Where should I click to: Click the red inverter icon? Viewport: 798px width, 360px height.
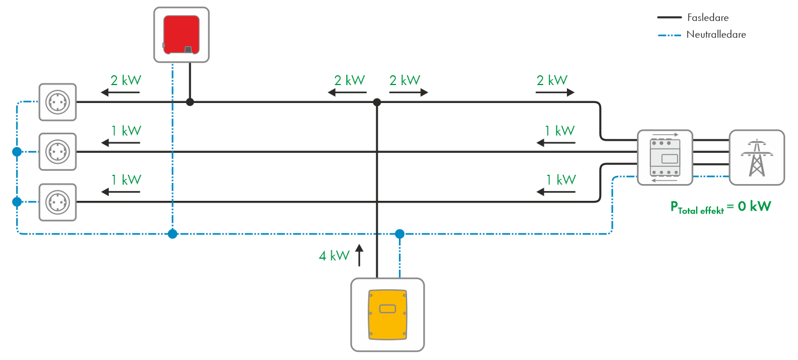point(181,35)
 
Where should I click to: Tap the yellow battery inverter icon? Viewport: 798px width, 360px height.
point(387,314)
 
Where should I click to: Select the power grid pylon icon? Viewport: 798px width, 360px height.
point(756,157)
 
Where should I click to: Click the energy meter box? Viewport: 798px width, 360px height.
point(664,157)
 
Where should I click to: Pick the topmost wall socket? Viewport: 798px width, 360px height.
point(57,102)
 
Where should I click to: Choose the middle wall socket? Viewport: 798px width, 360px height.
point(57,152)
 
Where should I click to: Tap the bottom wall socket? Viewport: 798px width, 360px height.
point(57,202)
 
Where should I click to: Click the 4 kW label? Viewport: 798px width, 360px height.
point(334,255)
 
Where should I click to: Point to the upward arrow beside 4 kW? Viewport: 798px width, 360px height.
point(359,255)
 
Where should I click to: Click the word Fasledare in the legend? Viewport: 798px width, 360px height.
point(708,18)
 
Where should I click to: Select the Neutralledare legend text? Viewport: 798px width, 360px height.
point(716,35)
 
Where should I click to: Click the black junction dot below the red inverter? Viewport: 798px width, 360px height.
point(189,102)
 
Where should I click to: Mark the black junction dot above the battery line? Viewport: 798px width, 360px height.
point(377,102)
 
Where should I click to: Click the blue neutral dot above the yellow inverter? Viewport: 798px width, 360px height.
point(399,234)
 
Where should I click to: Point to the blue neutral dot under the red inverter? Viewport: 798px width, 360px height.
point(172,234)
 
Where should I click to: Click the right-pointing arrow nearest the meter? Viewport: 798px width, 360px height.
point(555,93)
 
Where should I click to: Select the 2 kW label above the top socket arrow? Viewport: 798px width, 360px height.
point(126,80)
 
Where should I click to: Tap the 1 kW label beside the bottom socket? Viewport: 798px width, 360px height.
point(126,180)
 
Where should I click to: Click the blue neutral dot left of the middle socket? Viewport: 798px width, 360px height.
point(17,152)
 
